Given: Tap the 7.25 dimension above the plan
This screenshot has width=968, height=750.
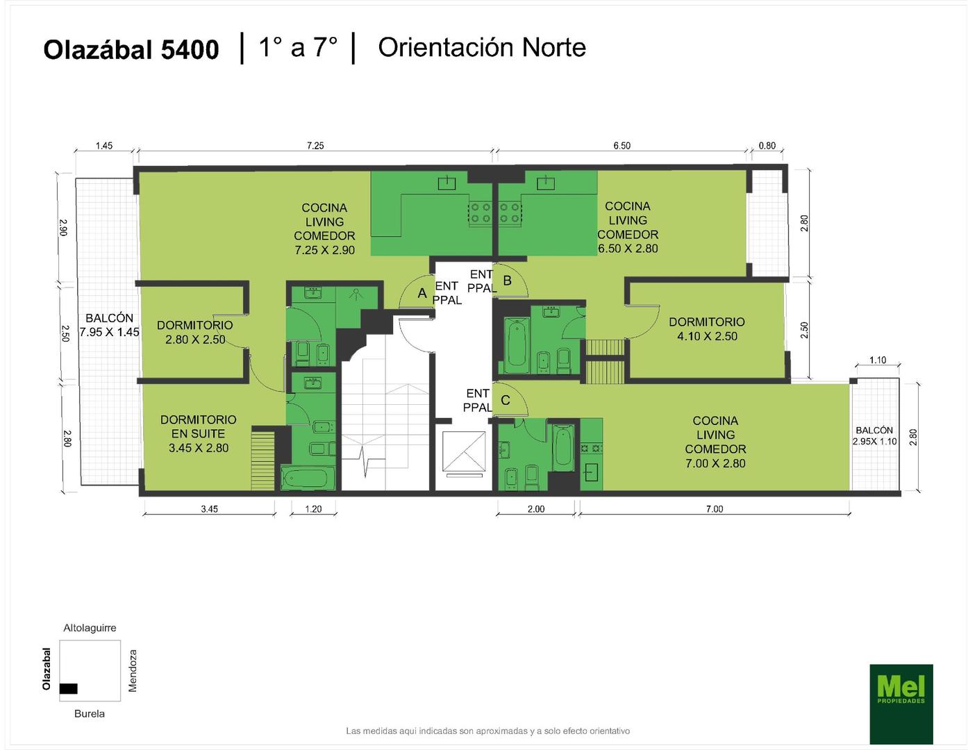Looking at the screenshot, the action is point(315,146).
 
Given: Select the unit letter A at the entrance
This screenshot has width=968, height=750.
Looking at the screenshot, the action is point(422,292).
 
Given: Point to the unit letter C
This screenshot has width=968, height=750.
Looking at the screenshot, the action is point(505,400).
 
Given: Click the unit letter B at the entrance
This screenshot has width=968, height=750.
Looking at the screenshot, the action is point(507,281).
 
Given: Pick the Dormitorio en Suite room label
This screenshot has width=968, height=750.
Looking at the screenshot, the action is point(198,433).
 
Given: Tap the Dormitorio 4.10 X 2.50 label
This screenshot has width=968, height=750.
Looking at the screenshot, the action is point(706,328).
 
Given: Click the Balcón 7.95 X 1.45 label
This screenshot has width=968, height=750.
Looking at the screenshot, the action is point(109,325).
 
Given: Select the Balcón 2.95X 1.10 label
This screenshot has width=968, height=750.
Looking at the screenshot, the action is point(874,435).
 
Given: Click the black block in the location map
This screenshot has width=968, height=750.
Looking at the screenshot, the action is point(68,688).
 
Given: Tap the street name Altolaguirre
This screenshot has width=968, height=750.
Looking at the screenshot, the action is point(90,628).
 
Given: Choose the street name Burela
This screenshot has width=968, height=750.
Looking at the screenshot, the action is point(89,713).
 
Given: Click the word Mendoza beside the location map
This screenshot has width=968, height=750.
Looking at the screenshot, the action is point(133,670).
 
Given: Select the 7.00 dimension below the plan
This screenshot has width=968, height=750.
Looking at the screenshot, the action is point(715,508).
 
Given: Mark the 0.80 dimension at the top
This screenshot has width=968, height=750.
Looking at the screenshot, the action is point(767,146).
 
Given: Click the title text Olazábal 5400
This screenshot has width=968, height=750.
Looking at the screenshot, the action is point(131,49).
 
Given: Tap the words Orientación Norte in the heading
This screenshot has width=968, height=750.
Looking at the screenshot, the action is point(482,47).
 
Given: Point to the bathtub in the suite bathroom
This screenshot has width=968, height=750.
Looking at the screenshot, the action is point(308,478).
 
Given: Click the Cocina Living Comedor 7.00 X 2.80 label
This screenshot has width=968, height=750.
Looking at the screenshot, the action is point(715,442).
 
